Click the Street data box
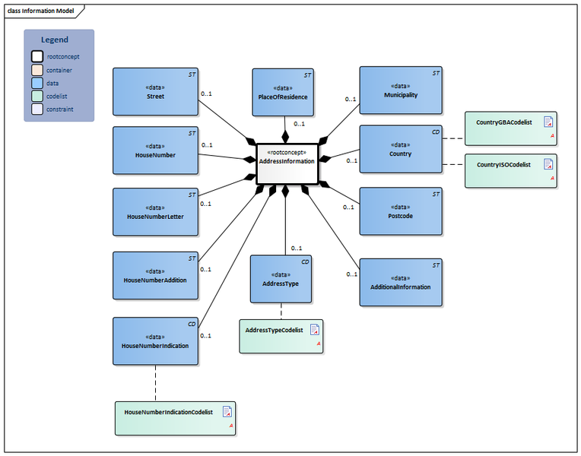154,92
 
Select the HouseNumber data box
154,150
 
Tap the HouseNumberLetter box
154,211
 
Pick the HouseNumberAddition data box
154,275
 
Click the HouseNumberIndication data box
154,341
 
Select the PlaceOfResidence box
283,92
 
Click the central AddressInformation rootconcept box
286,163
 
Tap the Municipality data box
400,90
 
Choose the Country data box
400,149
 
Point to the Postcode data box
400,211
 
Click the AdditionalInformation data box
400,282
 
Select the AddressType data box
281,279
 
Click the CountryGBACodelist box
510,128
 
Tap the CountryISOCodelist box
510,170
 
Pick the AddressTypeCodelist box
281,336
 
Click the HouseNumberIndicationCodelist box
175,418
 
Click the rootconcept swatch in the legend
37,56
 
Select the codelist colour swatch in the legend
37,96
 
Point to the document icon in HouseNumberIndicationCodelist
227,412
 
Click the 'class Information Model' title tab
42,10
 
